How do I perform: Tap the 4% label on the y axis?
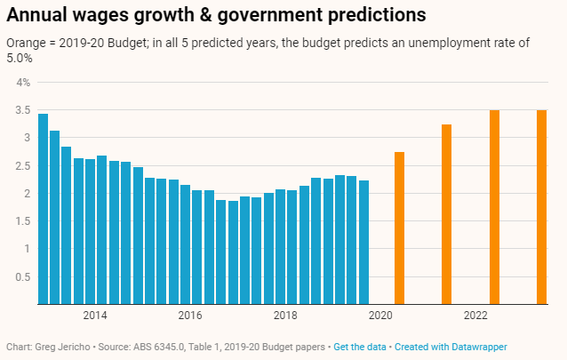click(22, 82)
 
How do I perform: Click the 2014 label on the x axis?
click(95, 316)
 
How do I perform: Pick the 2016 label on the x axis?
click(190, 316)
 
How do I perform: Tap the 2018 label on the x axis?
click(285, 316)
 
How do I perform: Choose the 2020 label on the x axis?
click(380, 316)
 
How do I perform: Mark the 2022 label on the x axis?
click(475, 316)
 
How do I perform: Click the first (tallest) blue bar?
click(43, 209)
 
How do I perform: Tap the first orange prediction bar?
click(399, 228)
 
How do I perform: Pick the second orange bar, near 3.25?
click(446, 214)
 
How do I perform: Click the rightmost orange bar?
click(541, 207)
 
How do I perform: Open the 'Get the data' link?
click(360, 346)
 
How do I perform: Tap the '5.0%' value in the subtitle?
click(20, 60)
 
